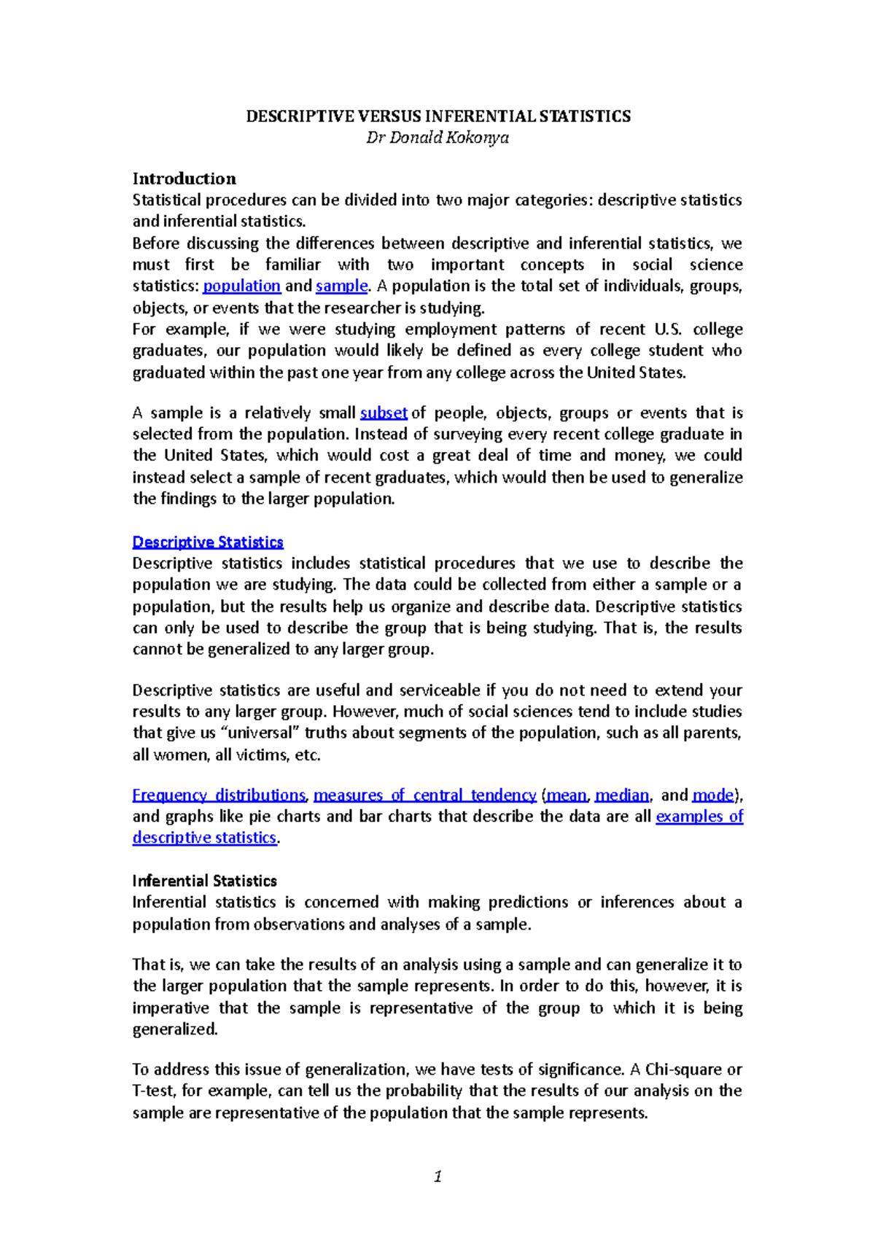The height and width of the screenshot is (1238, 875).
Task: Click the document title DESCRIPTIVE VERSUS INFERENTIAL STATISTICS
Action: [x=437, y=117]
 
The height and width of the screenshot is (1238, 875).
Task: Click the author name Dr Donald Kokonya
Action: [x=437, y=138]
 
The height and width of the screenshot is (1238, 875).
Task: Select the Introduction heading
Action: [x=184, y=179]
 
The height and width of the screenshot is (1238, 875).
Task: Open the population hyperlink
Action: [x=241, y=286]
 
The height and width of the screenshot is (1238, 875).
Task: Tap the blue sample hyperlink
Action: [x=341, y=286]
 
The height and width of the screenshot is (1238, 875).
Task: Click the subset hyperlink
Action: [x=384, y=413]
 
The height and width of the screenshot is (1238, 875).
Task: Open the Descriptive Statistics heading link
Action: [x=208, y=542]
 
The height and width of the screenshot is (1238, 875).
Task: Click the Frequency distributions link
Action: [x=219, y=795]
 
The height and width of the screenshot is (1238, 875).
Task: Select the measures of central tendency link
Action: [x=424, y=795]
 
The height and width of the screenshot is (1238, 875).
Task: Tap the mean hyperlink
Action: [x=566, y=795]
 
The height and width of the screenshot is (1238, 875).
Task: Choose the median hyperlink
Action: [x=621, y=795]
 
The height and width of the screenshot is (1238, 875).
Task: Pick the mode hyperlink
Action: [x=713, y=795]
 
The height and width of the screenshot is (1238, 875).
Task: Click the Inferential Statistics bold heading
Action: [x=204, y=881]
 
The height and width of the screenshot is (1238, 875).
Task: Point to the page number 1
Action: [x=437, y=1176]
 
